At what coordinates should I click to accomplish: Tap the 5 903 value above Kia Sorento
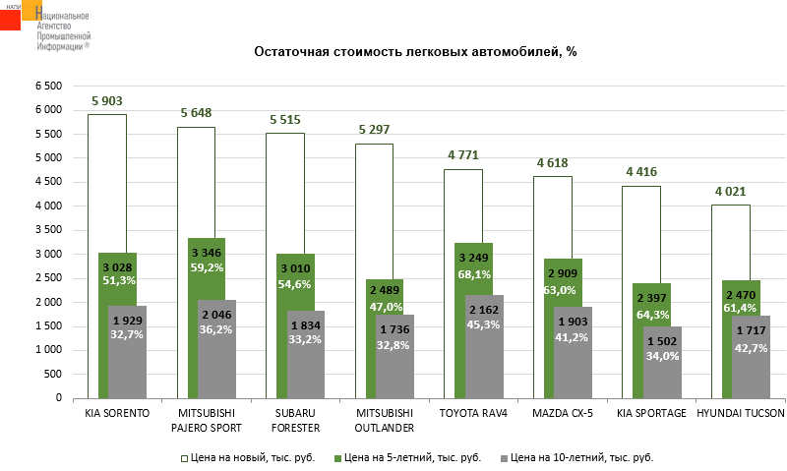[x=107, y=100]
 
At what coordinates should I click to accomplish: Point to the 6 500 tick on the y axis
[x=48, y=87]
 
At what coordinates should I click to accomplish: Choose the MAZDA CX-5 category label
[x=564, y=413]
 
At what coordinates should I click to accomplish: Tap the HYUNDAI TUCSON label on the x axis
[x=741, y=413]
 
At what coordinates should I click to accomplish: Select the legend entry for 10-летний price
[x=577, y=457]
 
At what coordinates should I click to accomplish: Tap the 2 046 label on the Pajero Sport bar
[x=217, y=315]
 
